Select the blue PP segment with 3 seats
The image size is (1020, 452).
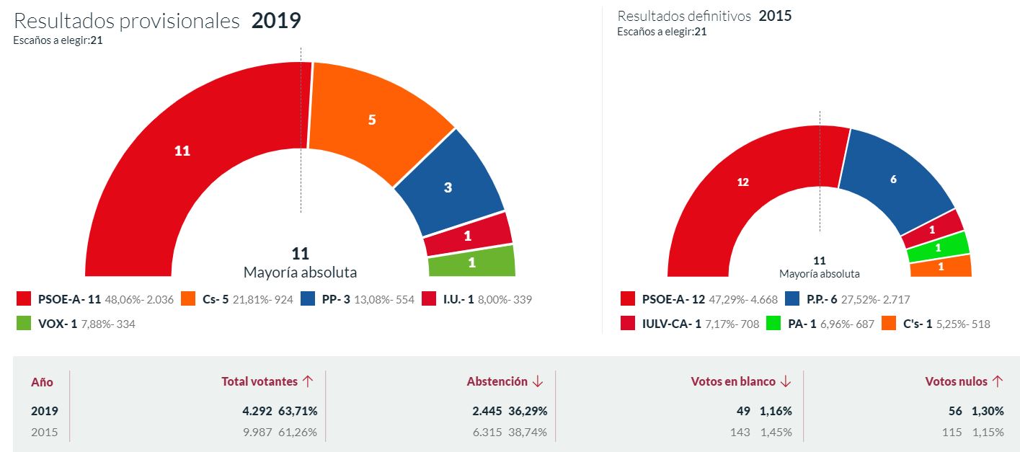pos(448,188)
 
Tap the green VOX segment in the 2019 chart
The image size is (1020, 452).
pos(472,262)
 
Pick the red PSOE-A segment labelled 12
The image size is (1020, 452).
pos(743,182)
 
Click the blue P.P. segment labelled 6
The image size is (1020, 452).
pos(893,180)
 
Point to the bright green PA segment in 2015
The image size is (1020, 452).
pos(938,247)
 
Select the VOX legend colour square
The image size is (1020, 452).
pos(24,324)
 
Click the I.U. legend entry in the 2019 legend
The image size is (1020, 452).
pos(476,299)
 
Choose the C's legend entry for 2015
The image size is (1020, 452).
pos(934,324)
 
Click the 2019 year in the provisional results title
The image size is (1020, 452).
pos(276,21)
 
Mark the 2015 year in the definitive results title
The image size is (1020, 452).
pos(775,16)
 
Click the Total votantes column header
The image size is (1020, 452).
pos(259,381)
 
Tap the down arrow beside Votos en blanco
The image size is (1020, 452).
pos(785,381)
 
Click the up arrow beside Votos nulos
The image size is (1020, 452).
pos(998,381)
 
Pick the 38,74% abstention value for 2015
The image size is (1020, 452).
pos(528,433)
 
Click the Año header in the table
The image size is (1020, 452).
pos(42,382)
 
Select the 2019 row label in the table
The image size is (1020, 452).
pos(45,411)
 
